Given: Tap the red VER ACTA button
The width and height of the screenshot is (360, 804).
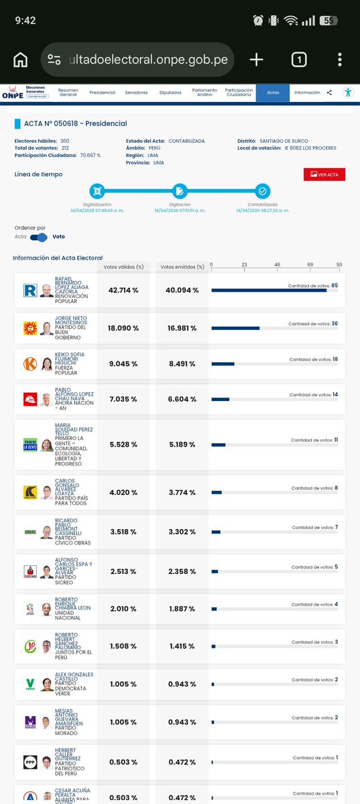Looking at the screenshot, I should (324, 174).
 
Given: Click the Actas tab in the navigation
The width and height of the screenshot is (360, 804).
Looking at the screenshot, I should (273, 93).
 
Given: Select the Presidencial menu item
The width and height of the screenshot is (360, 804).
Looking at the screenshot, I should (102, 93).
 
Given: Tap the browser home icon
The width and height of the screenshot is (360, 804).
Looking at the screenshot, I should (21, 60).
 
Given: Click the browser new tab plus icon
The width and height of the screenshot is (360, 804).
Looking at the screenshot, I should (256, 60).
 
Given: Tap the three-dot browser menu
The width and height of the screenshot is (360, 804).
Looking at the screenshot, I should (340, 60).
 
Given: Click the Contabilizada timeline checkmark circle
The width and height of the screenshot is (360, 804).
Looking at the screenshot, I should (262, 190).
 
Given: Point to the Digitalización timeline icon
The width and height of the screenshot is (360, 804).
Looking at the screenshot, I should (97, 190).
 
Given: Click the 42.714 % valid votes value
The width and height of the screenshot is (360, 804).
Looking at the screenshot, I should (123, 290).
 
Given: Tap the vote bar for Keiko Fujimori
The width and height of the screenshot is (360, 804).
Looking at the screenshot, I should (223, 364).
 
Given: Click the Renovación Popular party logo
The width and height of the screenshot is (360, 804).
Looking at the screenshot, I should (29, 290).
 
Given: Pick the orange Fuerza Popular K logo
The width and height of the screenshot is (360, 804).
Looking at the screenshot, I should (29, 364).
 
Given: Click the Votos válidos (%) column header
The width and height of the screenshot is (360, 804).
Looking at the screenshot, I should (123, 267).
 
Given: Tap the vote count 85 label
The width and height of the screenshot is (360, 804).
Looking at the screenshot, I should (334, 286).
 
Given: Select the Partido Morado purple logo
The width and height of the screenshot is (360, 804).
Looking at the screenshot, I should (29, 722).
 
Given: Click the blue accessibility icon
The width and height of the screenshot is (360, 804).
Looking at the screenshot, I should (347, 93).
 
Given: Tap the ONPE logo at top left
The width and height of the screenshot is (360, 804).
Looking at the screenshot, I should (12, 93).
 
